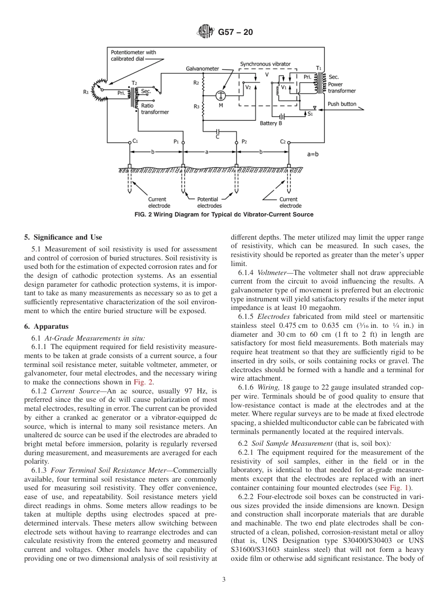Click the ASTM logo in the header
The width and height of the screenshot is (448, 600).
(206, 32)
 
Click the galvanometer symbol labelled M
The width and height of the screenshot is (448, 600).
(220, 96)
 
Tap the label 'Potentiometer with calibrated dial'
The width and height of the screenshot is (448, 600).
(133, 55)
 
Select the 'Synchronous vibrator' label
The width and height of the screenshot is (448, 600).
(265, 64)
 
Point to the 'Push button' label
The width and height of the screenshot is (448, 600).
(342, 104)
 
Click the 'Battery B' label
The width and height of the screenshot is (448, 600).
(271, 124)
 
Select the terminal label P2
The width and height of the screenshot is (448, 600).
(244, 142)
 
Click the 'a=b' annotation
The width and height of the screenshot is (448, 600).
(314, 154)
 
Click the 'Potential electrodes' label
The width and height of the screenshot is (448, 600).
(209, 202)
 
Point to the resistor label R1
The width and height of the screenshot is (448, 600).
(86, 92)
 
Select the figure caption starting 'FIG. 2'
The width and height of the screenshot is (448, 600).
(224, 215)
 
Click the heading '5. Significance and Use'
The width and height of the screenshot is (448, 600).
(63, 237)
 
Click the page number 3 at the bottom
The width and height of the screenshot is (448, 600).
(224, 580)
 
